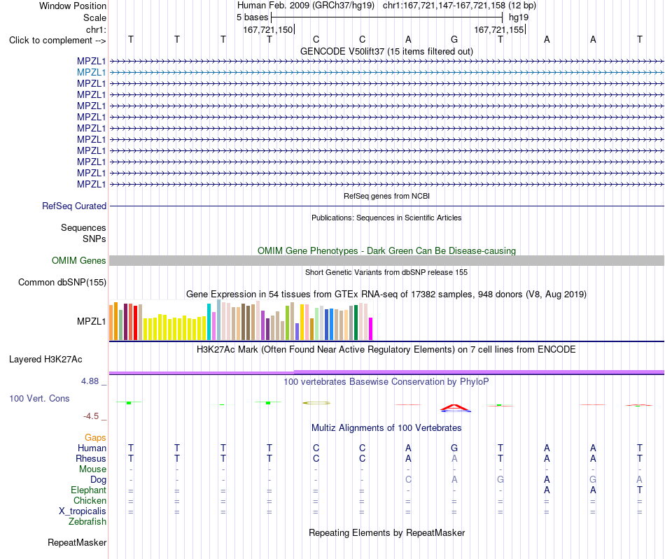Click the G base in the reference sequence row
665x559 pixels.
click(454, 39)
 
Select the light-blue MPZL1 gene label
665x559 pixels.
click(91, 73)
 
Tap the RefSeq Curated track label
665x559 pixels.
click(74, 206)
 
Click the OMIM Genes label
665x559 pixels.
click(79, 261)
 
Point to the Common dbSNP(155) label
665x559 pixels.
click(62, 282)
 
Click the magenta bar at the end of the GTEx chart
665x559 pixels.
click(371, 329)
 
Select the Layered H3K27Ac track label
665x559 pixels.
click(45, 360)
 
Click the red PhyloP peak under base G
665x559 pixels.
click(454, 408)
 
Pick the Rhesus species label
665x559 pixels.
click(91, 458)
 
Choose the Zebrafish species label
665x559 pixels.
click(87, 522)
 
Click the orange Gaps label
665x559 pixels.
click(95, 437)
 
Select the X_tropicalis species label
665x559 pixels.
click(83, 511)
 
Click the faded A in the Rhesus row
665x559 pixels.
click(454, 458)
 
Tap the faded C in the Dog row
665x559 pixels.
click(408, 479)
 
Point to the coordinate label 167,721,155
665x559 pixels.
click(498, 29)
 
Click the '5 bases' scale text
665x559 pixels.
click(252, 17)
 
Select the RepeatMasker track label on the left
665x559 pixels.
click(77, 542)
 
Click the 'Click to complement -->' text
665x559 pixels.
click(57, 41)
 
